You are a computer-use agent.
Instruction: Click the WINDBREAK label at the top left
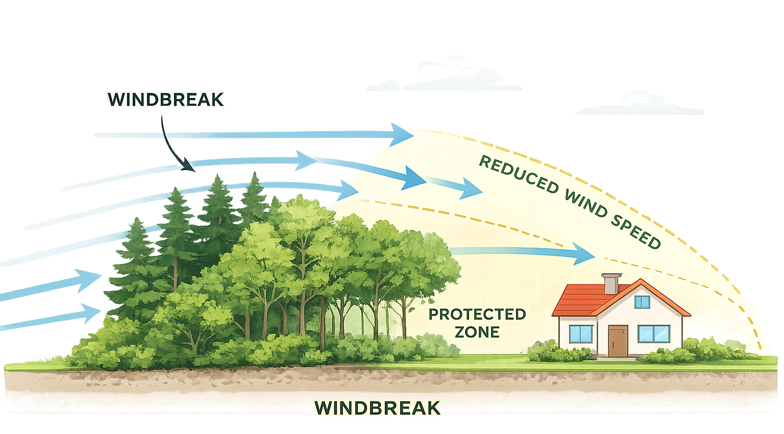tap(166, 100)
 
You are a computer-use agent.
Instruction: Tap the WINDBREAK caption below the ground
tap(377, 408)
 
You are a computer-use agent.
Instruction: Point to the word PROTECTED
tap(477, 314)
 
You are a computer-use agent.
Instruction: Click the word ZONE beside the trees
tap(477, 332)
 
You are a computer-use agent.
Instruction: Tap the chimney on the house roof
tap(609, 283)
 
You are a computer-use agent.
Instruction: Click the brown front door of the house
tap(618, 341)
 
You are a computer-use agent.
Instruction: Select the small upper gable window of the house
tap(642, 302)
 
